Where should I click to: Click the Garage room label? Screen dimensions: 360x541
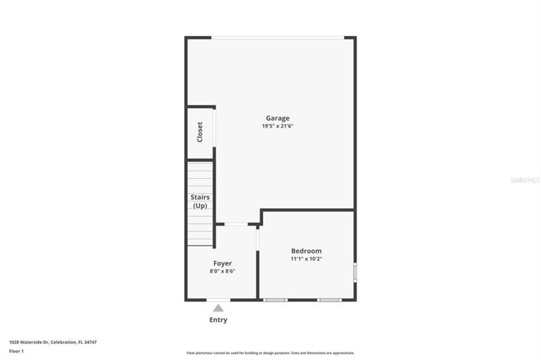tap(277, 118)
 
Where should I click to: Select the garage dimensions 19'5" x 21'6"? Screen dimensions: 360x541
tap(277, 126)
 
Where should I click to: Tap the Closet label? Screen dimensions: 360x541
tap(200, 132)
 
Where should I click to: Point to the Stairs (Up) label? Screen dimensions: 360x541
tap(200, 201)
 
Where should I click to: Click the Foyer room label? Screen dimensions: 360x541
tap(223, 263)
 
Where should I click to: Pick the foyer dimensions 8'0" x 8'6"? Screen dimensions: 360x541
tap(223, 271)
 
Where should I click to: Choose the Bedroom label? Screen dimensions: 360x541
tap(306, 251)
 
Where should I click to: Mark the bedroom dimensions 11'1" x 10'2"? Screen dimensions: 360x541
tap(306, 259)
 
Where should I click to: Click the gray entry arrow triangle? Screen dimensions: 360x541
tap(218, 308)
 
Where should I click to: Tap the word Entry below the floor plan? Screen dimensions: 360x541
tap(218, 320)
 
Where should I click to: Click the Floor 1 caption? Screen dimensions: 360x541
tap(16, 351)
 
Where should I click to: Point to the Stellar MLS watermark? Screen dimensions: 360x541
tap(525, 180)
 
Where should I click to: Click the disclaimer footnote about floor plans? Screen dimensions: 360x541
tap(269, 353)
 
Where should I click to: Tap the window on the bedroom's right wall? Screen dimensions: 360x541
tap(355, 272)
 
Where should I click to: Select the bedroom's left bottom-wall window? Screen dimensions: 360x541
tap(275, 299)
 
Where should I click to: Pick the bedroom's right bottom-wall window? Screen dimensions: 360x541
tap(330, 299)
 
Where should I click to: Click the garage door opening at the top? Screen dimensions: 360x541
tap(278, 37)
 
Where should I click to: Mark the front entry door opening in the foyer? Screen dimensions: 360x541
tap(218, 299)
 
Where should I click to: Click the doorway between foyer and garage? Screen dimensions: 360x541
tap(236, 224)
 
